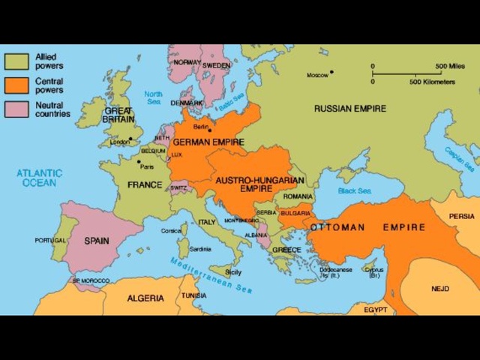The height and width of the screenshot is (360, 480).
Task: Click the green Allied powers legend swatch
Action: pos(16,60)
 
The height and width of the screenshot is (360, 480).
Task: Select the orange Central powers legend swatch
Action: pos(16,85)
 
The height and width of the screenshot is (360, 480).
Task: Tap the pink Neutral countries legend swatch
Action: pos(16,109)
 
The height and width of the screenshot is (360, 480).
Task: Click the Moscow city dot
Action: pos(331,72)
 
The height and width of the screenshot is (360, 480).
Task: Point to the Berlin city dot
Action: pos(209,130)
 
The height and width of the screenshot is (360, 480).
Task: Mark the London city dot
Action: pos(130,139)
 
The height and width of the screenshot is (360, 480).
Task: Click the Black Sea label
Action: pos(355,190)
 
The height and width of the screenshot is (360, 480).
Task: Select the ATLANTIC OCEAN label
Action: pos(39,178)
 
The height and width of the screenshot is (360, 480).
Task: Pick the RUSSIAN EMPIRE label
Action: pos(350,109)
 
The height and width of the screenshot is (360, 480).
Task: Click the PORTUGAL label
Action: pos(50,240)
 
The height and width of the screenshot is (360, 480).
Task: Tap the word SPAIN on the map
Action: pos(96,241)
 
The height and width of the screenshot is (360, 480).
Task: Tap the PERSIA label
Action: pos(461,216)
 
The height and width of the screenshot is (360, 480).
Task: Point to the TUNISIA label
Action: pos(193,295)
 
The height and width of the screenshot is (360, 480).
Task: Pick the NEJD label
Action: pos(440,288)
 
